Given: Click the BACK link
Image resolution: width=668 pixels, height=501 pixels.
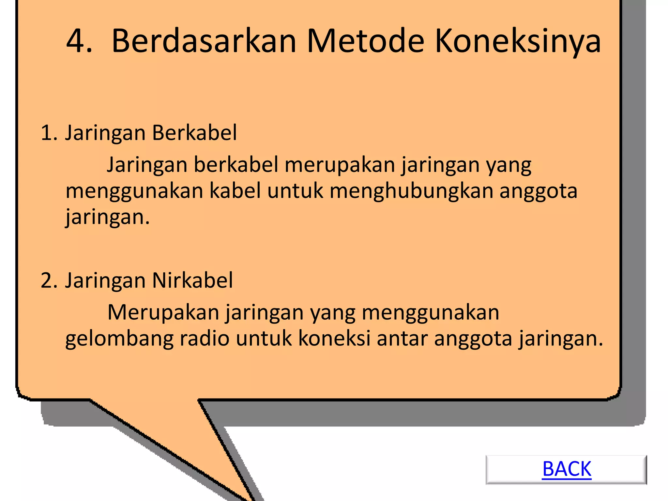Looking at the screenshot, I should click(x=567, y=469).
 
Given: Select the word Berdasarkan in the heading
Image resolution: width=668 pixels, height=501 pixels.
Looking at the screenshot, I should click(x=204, y=41).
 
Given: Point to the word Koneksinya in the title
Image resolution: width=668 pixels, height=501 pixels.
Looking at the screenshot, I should click(x=518, y=41).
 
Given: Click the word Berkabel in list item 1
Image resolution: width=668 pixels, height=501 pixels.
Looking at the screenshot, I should click(x=194, y=133).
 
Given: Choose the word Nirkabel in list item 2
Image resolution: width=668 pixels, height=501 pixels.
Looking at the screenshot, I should click(x=192, y=280).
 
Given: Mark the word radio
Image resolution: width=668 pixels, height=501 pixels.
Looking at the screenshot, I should click(x=205, y=339).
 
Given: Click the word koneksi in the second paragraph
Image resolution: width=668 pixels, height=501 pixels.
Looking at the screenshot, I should click(x=334, y=339).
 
